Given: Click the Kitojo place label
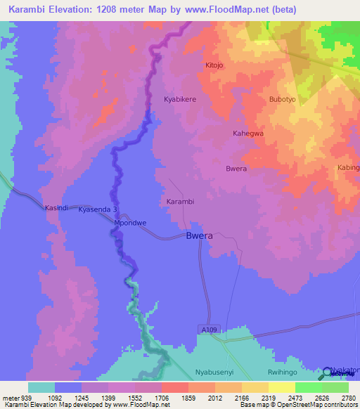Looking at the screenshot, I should pos(214,65).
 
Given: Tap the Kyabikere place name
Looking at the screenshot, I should pos(180,100).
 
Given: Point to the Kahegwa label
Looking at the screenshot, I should pos(248,133).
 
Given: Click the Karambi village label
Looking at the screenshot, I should pos(180,202).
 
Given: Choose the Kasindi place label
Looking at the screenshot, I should pos(56,209).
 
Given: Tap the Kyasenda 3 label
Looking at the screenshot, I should pos(97,209).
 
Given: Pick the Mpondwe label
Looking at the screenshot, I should pos(130,223).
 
